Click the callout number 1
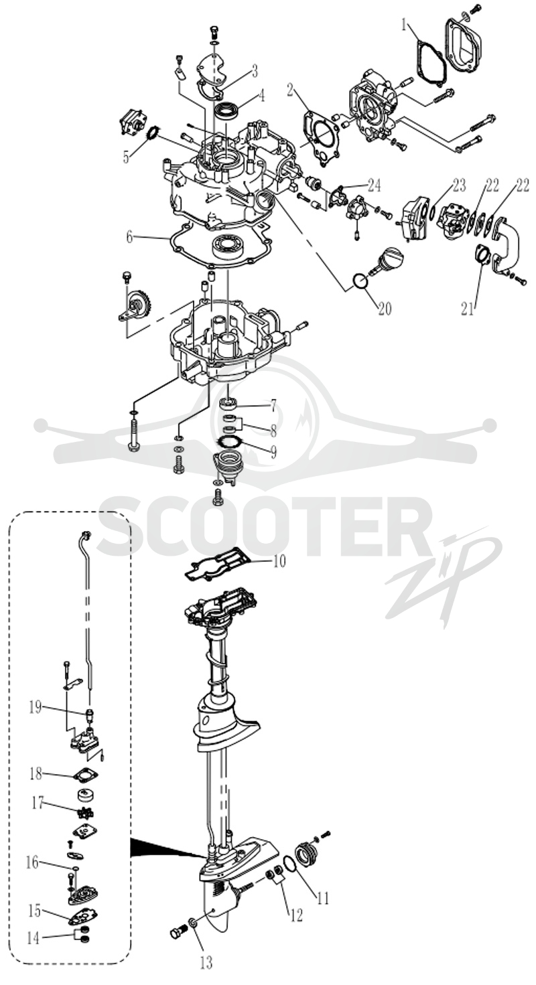(404, 25)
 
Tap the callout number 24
(375, 186)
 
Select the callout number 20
(385, 309)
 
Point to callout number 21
(468, 309)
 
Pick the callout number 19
(36, 708)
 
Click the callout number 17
(38, 804)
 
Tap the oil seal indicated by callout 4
(226, 108)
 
